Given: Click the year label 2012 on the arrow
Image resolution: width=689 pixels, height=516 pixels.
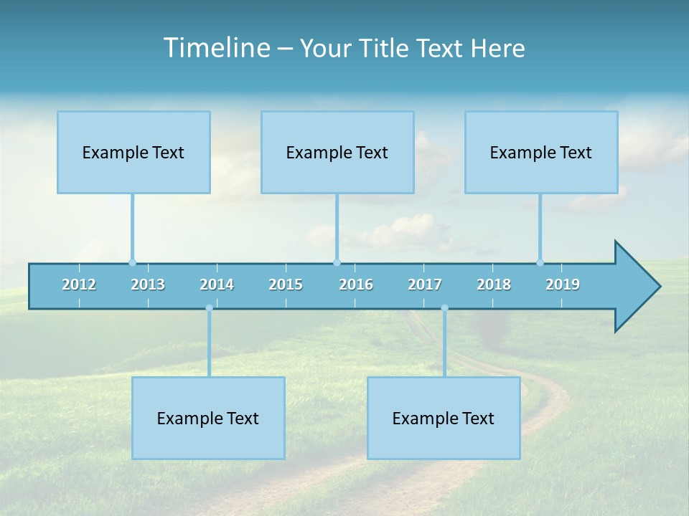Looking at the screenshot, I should pos(79,285).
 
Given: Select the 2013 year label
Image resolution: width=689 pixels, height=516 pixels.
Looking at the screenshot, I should pos(148,285).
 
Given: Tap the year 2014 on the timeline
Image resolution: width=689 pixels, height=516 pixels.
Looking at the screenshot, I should pos(217,285).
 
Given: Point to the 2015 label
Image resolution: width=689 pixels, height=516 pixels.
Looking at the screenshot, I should pos(286,285).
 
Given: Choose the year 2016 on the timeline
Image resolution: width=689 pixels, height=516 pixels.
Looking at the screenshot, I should pos(356,285).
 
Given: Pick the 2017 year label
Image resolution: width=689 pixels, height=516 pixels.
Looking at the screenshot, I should pos(425,285).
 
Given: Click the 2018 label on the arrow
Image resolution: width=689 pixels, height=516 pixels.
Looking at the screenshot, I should pos(494,285).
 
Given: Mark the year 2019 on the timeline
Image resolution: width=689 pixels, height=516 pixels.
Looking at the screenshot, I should pos(563,285).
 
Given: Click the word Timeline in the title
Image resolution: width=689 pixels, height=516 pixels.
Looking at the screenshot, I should pos(215,48).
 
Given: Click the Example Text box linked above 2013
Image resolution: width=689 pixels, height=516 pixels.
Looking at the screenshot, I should pos(133,152).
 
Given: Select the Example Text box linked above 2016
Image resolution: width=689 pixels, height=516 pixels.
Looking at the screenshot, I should pos(337,152).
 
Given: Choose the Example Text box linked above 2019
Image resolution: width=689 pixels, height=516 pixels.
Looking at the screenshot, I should pos(541,152).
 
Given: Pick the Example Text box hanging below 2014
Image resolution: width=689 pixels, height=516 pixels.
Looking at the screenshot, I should pos(208,418).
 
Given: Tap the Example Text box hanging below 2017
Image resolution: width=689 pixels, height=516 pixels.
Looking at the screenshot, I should pos(444,418).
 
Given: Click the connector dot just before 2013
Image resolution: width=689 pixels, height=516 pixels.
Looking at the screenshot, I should pos(132,262).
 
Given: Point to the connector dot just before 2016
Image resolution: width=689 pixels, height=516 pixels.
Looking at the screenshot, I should pos(337,262).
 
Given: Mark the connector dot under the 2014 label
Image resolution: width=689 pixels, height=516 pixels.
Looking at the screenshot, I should pos(209,308).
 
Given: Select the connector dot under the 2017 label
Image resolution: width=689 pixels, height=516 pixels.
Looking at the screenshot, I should pos(444,308).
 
